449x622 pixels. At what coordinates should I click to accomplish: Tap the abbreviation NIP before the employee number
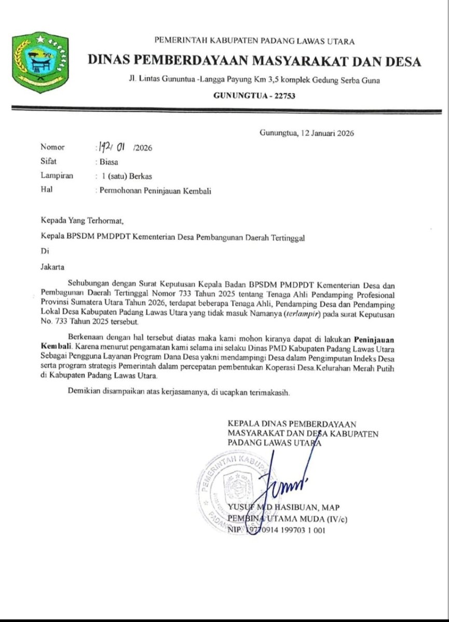(235, 530)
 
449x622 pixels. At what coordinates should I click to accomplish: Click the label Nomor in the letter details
(53, 147)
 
